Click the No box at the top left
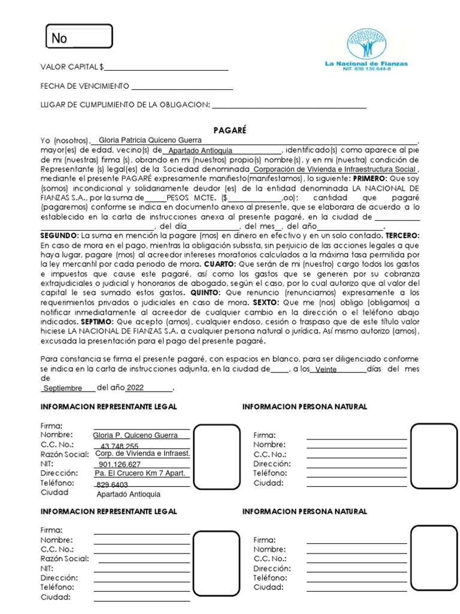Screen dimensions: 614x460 coord(79,37)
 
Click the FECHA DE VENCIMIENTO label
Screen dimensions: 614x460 coord(84,86)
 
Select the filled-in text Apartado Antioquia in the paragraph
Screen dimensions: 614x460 coord(200,151)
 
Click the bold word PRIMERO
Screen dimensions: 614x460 coord(368,179)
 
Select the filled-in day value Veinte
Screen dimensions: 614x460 coord(326,369)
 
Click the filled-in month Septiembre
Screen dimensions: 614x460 coord(63,388)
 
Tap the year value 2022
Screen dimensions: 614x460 coord(136,387)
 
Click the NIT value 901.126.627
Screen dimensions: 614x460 coord(120,464)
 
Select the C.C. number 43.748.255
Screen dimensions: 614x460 coord(120,446)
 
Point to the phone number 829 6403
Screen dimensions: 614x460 coord(112,484)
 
